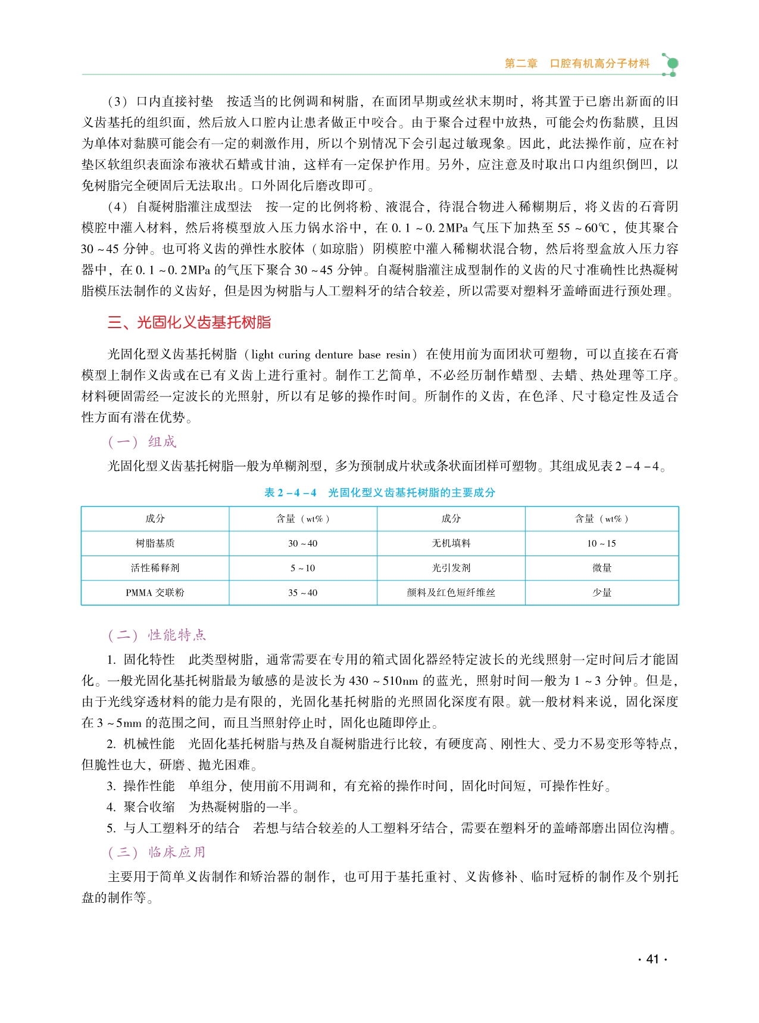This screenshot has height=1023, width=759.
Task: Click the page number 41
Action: [652, 959]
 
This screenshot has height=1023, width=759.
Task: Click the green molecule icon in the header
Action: [670, 64]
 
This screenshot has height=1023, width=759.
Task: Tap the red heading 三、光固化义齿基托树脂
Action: [189, 323]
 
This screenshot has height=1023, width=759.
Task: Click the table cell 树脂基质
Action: [155, 543]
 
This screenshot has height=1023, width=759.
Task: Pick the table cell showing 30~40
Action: [302, 543]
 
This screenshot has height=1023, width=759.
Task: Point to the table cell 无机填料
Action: [451, 543]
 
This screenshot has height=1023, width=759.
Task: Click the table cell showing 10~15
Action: [601, 543]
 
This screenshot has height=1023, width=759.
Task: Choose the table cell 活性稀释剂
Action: [155, 568]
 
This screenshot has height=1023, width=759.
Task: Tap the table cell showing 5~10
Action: [302, 568]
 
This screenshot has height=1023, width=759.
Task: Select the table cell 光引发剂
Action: [451, 568]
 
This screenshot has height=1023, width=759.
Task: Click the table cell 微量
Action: [601, 568]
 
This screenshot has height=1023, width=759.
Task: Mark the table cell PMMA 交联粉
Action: [155, 592]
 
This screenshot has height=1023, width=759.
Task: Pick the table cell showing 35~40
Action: [302, 592]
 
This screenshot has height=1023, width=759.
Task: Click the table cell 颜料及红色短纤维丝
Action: [451, 592]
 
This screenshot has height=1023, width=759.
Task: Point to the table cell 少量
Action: [601, 592]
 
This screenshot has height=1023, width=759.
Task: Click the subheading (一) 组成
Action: [142, 442]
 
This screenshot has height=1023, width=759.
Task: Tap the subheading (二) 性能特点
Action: [157, 635]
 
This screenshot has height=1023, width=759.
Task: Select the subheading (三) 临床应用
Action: [157, 852]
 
